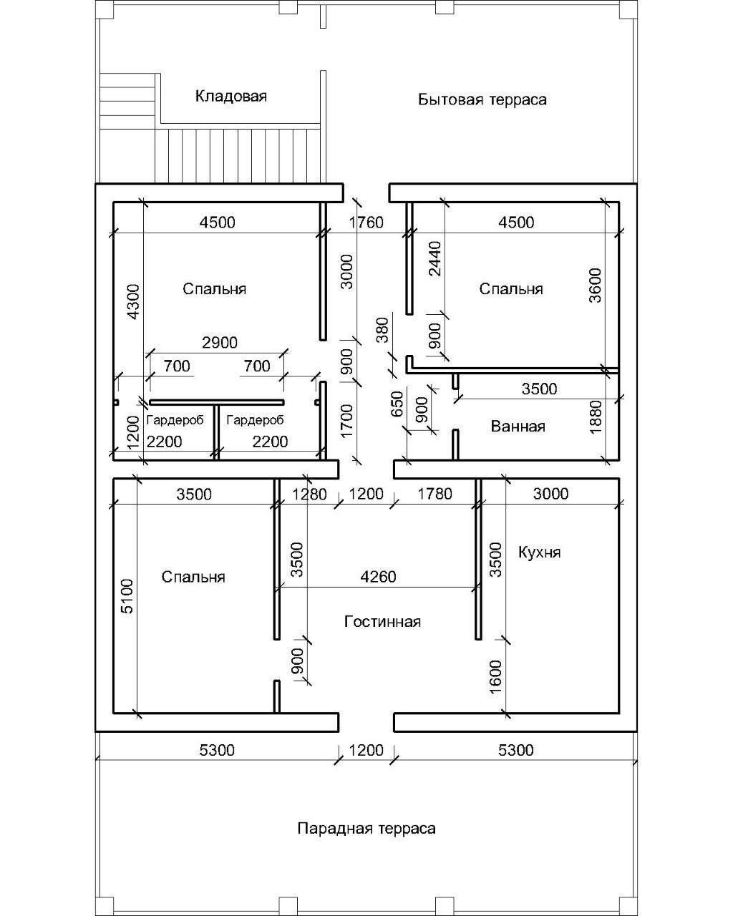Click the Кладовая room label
pyautogui.click(x=230, y=96)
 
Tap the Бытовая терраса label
pyautogui.click(x=482, y=99)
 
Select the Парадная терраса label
pyautogui.click(x=366, y=828)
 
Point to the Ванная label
pyautogui.click(x=518, y=427)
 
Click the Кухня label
pyautogui.click(x=539, y=552)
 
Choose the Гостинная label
pyautogui.click(x=382, y=621)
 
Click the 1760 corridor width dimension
pyautogui.click(x=366, y=223)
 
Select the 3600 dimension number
pyautogui.click(x=596, y=285)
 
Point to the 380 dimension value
pyautogui.click(x=383, y=330)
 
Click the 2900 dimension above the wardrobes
pyautogui.click(x=220, y=343)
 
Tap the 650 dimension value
pyautogui.click(x=398, y=404)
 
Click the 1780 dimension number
pyautogui.click(x=434, y=494)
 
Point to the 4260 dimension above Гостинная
pyautogui.click(x=378, y=576)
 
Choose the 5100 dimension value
pyautogui.click(x=127, y=596)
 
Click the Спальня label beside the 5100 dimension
pyautogui.click(x=193, y=577)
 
